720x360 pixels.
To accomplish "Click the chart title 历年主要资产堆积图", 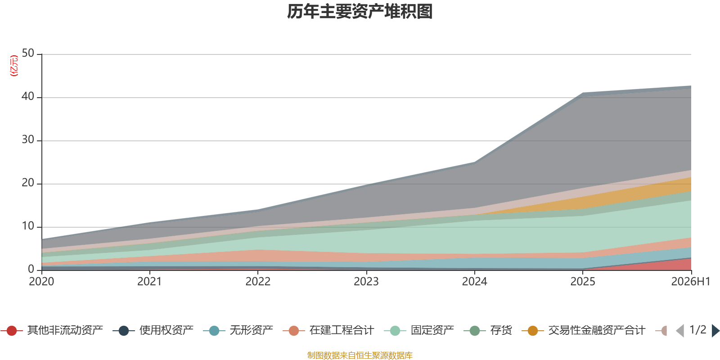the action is click(x=360, y=12).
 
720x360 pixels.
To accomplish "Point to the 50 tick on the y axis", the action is click(x=28, y=53).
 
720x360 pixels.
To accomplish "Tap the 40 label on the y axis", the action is click(x=28, y=96).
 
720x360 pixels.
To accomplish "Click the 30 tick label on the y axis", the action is click(x=28, y=139).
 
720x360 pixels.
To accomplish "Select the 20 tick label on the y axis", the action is click(x=28, y=183).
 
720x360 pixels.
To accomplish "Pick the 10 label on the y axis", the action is click(x=28, y=226).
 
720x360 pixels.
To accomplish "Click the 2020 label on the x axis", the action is click(x=41, y=282).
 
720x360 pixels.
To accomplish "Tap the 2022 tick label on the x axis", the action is click(x=258, y=282).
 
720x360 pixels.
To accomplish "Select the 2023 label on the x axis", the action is click(x=366, y=282).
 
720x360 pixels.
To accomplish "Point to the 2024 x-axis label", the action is click(x=474, y=282).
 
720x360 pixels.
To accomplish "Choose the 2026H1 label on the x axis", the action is click(x=690, y=282).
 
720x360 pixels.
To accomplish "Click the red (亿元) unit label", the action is click(x=14, y=66).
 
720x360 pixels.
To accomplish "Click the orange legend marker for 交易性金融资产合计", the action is click(x=533, y=331).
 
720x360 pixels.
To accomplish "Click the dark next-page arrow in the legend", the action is click(x=715, y=331).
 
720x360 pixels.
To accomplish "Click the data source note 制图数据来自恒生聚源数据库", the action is click(x=360, y=355).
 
